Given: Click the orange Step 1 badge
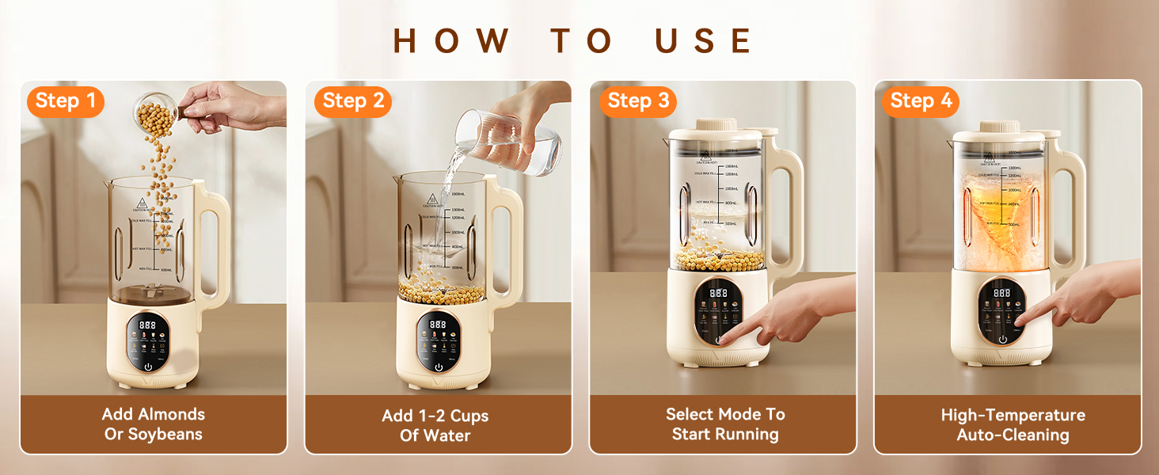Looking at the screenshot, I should point(66,101).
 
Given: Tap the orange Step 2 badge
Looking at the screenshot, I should point(353,101).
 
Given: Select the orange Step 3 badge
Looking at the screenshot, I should point(638,101).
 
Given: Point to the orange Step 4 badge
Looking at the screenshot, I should point(921,101).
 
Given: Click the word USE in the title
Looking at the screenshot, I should point(704,41).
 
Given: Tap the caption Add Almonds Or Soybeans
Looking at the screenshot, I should point(154,424).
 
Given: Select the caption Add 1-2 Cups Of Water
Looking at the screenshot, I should point(436,425).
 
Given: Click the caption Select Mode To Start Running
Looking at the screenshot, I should point(724,424).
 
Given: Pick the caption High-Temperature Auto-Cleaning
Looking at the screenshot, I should point(1013,425).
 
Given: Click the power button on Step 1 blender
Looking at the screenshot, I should point(149,367).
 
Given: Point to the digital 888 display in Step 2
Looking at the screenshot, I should point(437,325).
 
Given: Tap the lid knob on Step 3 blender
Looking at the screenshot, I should point(716,126).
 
